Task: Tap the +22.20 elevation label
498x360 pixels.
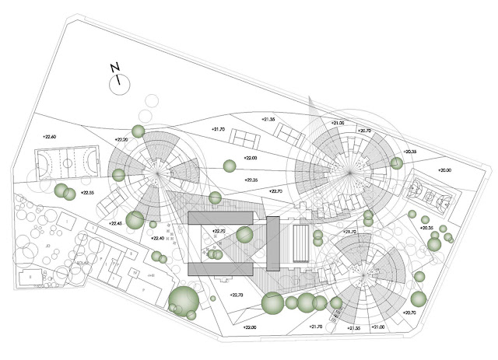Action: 121,139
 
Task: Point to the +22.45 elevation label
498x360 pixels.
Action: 114,224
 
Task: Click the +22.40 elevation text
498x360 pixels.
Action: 158,239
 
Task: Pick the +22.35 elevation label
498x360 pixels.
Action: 251,180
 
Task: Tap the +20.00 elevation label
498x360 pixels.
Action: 444,170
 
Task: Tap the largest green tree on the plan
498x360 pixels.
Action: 184,301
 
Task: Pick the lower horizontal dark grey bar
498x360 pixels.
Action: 220,268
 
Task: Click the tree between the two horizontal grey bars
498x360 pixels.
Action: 245,234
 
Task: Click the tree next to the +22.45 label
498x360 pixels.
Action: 135,220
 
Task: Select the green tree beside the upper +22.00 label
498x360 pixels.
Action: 229,165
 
